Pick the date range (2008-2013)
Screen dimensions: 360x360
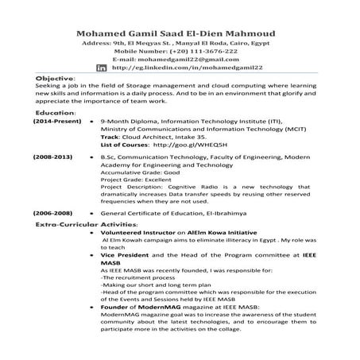(x=53, y=180)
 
